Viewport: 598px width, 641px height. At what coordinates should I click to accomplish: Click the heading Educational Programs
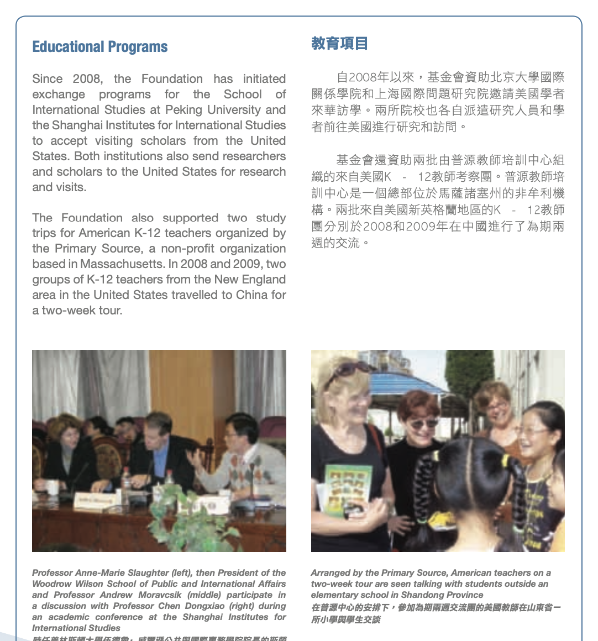(x=99, y=47)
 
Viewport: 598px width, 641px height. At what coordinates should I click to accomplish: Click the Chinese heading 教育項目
(x=339, y=44)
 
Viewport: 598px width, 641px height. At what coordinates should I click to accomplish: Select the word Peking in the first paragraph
(x=183, y=109)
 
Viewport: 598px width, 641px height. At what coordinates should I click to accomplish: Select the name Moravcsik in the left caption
(x=160, y=595)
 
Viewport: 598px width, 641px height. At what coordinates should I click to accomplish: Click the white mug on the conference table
(x=52, y=487)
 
